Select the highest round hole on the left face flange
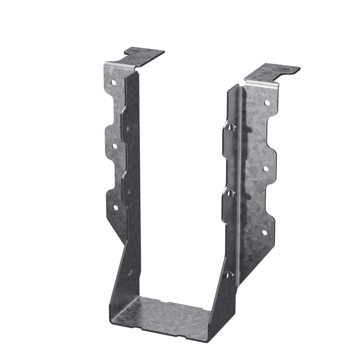114,82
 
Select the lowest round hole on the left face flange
114,207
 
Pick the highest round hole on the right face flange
266,103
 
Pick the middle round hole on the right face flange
265,169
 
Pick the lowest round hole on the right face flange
264,232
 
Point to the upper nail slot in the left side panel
129,128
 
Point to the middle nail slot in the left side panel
130,191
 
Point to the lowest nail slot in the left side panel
130,273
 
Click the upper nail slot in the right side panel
230,128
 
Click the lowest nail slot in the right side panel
229,274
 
